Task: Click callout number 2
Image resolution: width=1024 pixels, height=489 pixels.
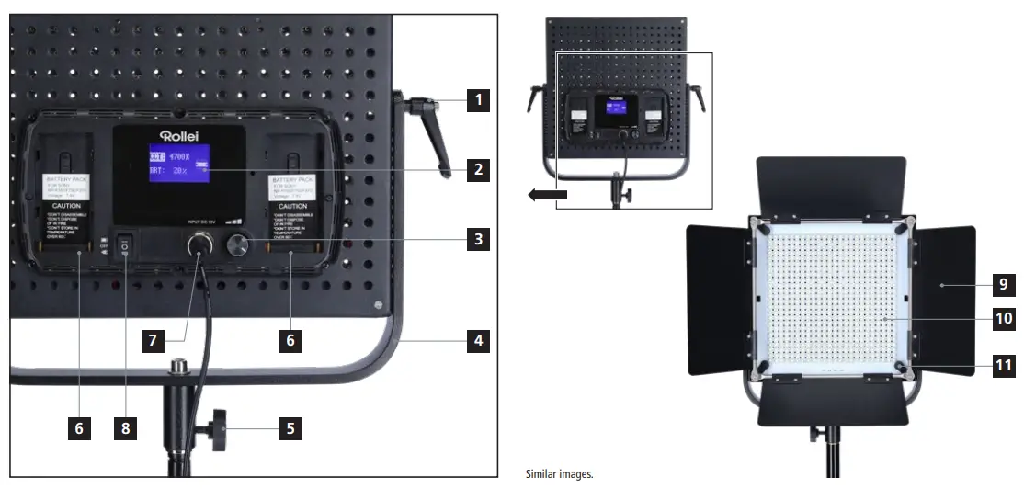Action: [476, 170]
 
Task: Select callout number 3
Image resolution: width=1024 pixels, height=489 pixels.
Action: [476, 240]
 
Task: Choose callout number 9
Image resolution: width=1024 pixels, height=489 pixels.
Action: [1005, 284]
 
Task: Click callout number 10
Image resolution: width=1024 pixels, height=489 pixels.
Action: [1005, 319]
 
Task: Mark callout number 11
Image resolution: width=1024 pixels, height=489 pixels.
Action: [1005, 366]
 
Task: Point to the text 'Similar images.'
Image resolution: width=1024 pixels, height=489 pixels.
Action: [559, 474]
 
